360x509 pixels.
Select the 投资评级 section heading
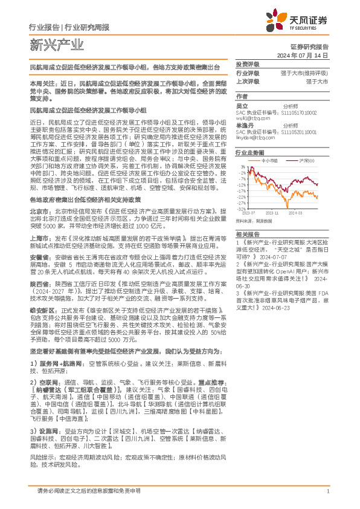point(247,63)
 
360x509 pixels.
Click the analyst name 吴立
point(241,106)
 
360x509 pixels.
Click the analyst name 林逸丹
point(243,125)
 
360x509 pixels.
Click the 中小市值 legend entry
point(271,160)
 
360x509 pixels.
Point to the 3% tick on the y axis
point(243,166)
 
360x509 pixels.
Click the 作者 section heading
point(242,96)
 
